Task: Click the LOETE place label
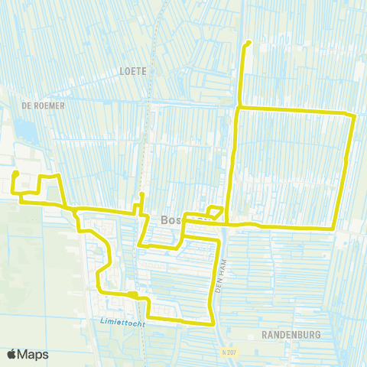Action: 133,70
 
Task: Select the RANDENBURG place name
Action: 289,335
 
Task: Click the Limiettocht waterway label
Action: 122,322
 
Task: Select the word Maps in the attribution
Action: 34,354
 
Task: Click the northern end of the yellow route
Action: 249,42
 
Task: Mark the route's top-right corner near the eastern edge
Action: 354,115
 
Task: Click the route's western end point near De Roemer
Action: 15,174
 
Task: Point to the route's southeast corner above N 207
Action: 213,323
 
